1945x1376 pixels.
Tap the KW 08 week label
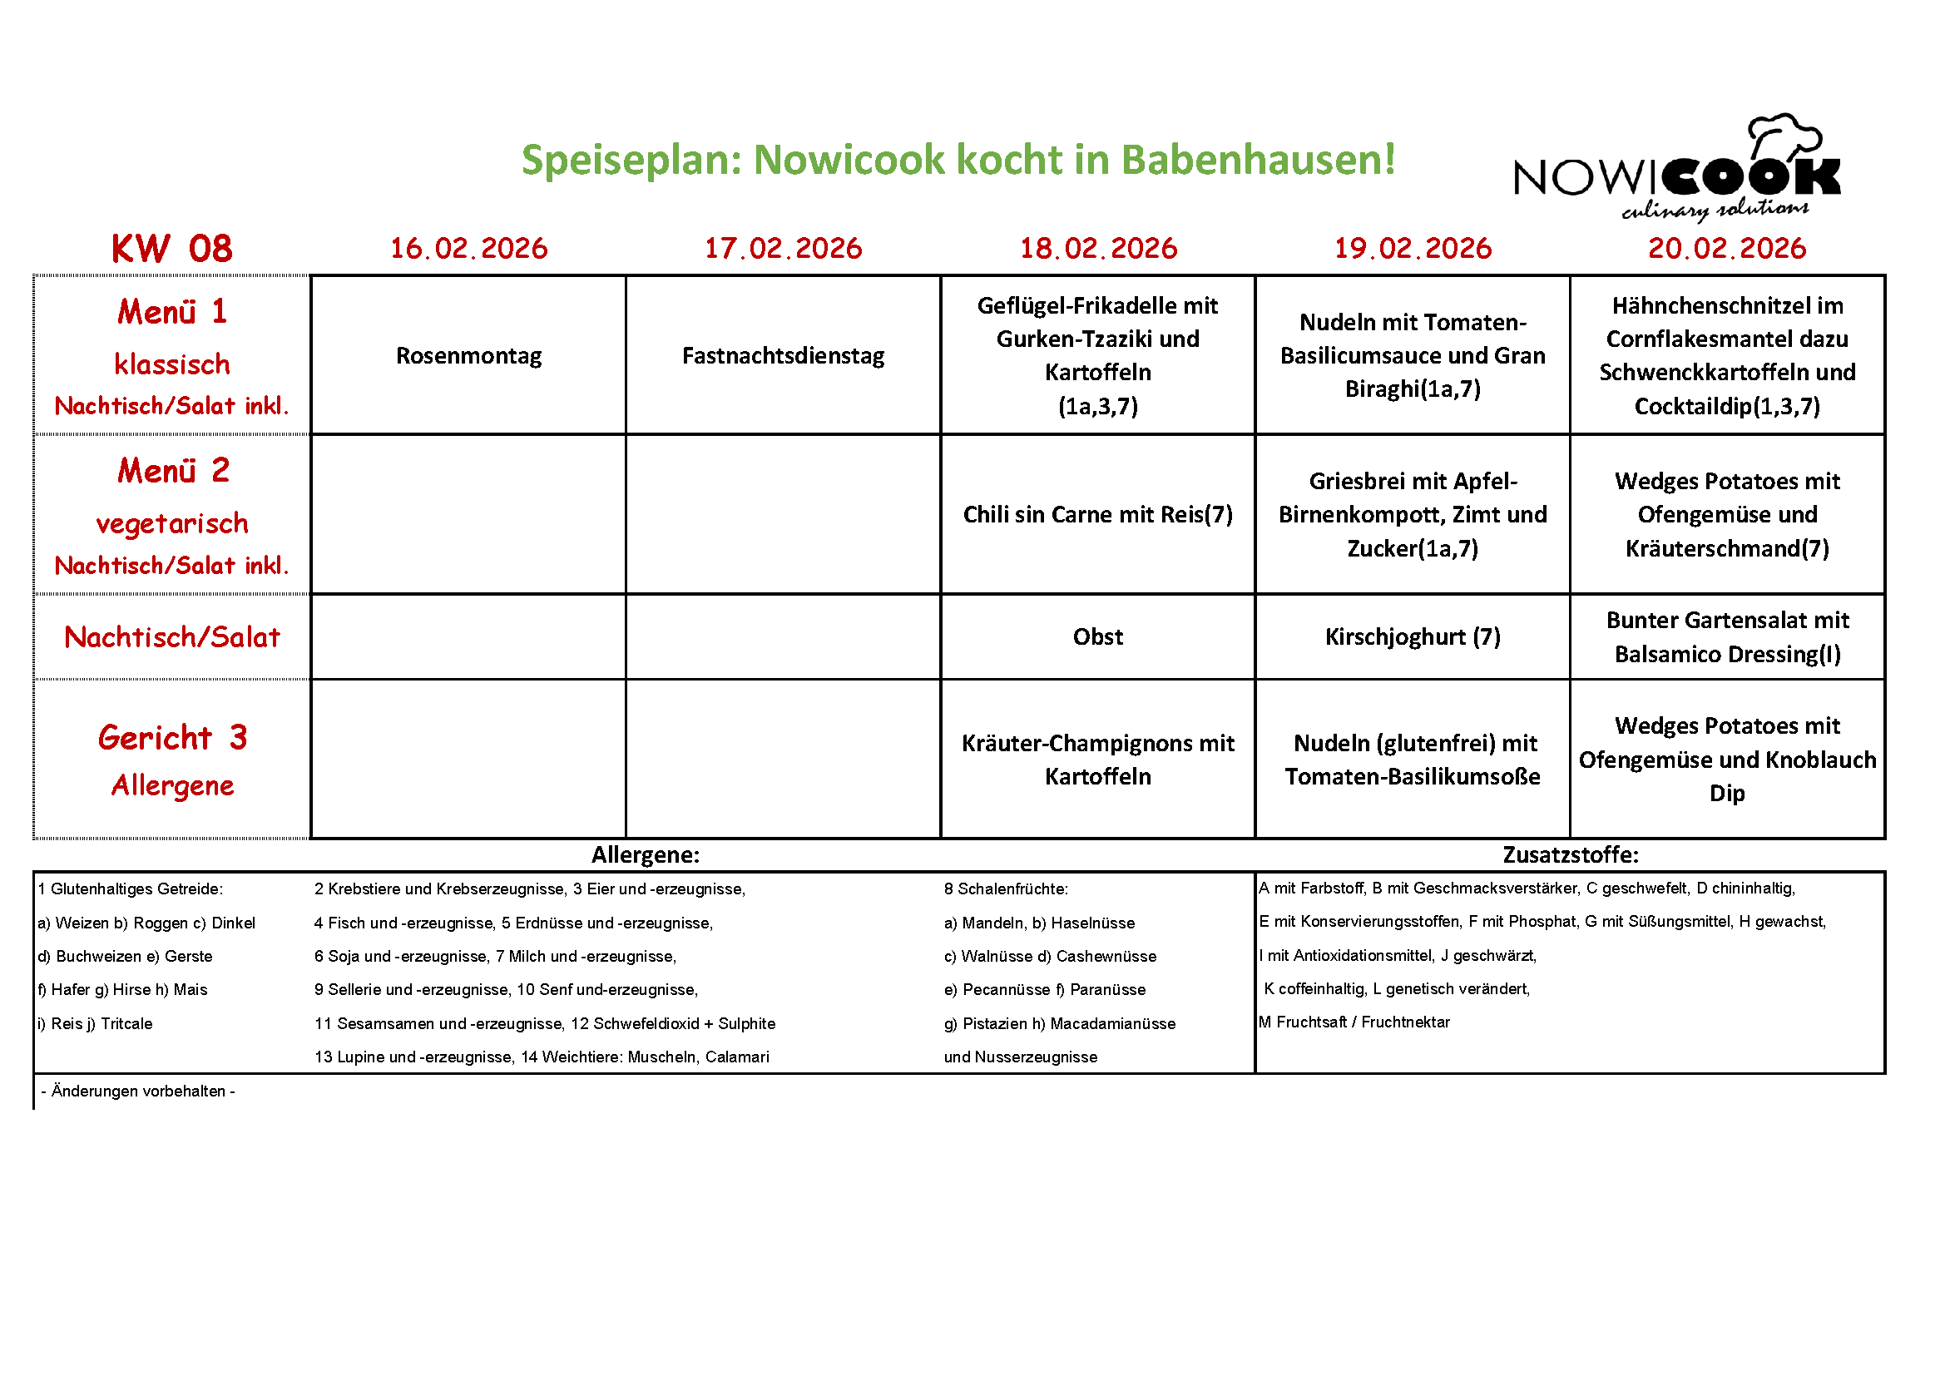(172, 249)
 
